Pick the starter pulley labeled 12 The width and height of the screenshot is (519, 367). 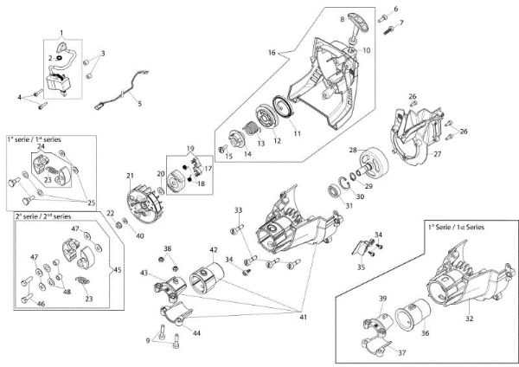pos(266,116)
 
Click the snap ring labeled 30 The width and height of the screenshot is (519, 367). pos(344,184)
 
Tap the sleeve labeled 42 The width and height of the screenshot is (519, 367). pos(206,278)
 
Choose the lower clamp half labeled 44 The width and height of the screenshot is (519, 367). pos(176,313)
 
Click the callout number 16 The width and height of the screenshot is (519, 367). pos(272,53)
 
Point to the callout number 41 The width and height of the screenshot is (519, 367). pos(304,317)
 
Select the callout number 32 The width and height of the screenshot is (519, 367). pos(470,319)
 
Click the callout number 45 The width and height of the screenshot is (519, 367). pos(118,270)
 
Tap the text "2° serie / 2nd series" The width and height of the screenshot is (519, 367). pos(43,216)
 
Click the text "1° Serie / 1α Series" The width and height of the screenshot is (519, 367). pos(456,228)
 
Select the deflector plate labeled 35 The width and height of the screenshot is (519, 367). pos(360,249)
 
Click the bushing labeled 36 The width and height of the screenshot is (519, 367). pos(413,314)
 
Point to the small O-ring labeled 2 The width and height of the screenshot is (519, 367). pos(60,58)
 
